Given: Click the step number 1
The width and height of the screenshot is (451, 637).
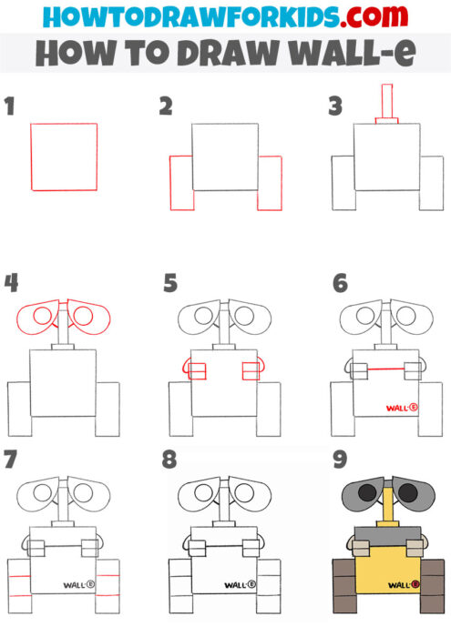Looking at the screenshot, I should point(10,108).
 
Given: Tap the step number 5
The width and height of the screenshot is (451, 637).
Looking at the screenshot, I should point(170,284).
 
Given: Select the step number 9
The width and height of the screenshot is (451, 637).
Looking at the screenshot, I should point(340,460).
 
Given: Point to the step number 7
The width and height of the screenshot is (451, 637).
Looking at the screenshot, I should point(10,460).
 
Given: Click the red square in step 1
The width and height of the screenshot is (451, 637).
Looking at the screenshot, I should point(64,157).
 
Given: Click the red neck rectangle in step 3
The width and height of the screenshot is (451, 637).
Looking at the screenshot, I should point(386,101).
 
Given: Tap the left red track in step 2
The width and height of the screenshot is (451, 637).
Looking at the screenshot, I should point(181,183).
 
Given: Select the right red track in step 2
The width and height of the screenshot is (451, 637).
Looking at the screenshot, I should point(270,183).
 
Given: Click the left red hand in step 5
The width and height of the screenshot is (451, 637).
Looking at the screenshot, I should point(194,370).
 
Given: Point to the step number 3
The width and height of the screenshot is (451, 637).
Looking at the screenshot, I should point(334,108).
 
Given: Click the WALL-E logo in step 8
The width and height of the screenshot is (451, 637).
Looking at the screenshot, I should point(241,585).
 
